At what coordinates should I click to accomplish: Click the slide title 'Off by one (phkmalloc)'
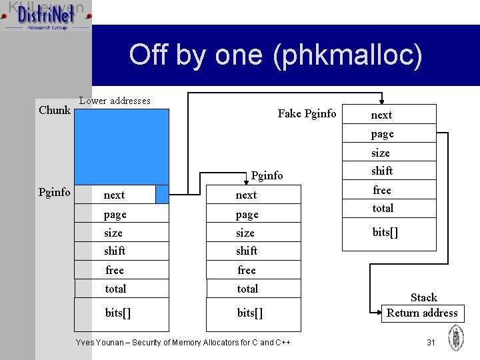275,55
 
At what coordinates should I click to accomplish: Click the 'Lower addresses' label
115,101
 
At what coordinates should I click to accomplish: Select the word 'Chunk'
55,110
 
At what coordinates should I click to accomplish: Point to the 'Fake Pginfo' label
307,113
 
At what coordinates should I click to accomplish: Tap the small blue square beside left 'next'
162,194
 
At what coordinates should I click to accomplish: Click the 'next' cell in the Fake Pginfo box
382,115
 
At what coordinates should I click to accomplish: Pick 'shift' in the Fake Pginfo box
382,171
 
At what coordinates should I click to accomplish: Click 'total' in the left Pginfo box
115,289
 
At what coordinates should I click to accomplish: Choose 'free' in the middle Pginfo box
247,270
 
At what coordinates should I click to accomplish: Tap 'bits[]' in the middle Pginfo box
250,313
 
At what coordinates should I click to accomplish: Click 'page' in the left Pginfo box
115,214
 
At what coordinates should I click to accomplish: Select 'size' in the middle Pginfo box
245,233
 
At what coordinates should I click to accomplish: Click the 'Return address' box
422,313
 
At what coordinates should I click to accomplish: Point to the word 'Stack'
423,297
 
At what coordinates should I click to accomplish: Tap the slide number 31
431,342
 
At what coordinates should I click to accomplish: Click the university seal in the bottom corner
456,337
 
